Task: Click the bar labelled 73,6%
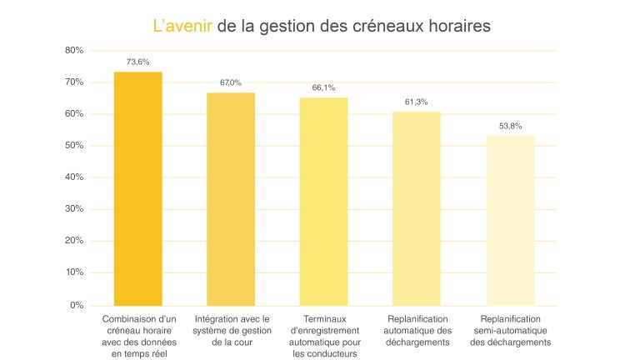point(137,188)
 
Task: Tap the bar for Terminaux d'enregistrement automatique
point(324,201)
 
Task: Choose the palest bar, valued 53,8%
point(511,220)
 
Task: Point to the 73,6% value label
point(137,62)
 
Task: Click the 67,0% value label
point(231,82)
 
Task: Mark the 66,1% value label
point(324,87)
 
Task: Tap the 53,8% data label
point(511,126)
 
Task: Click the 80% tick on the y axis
point(74,51)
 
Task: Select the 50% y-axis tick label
point(74,146)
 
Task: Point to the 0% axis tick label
point(77,305)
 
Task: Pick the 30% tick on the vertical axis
point(74,209)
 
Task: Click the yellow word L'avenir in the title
point(182,26)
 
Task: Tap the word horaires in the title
point(454,26)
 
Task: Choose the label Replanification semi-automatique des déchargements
point(511,330)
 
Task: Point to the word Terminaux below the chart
point(324,318)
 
